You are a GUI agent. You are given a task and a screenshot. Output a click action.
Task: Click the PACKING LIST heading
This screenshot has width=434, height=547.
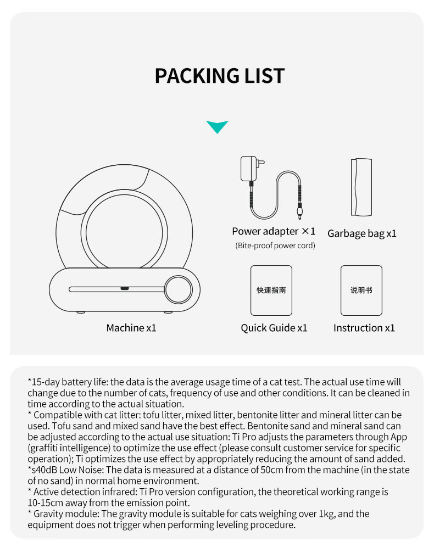click(219, 76)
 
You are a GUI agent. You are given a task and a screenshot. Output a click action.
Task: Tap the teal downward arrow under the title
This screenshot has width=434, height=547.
click(217, 127)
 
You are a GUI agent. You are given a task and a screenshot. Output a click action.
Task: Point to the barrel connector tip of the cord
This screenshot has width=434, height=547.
click(299, 210)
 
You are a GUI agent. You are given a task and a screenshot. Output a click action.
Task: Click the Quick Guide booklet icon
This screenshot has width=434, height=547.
click(271, 291)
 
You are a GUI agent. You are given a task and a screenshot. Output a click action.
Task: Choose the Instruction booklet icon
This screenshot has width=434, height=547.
click(361, 291)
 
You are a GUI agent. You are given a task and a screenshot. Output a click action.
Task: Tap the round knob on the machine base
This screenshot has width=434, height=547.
click(179, 289)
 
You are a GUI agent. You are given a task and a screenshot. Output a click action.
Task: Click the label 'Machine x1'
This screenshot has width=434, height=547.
click(131, 328)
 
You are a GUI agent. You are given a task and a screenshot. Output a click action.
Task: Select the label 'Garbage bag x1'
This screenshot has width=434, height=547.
click(361, 233)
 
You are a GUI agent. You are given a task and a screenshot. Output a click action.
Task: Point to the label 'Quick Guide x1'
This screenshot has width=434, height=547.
click(274, 328)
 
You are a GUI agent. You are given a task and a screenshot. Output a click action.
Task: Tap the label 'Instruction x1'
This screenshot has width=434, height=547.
click(364, 328)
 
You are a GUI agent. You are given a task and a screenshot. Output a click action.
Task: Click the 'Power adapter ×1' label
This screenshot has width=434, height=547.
click(274, 231)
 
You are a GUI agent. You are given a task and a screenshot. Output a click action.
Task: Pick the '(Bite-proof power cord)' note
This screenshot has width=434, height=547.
click(275, 245)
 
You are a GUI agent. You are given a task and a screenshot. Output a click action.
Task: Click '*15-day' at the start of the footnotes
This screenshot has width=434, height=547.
click(42, 382)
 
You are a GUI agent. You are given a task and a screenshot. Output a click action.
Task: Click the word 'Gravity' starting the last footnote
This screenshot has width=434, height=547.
click(49, 513)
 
